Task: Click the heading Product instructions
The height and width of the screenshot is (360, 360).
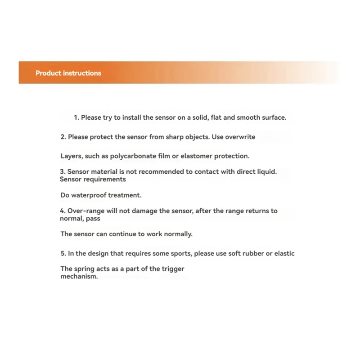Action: [68, 73]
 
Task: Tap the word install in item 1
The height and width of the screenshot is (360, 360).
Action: [129, 117]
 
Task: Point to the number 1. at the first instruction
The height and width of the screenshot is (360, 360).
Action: [76, 117]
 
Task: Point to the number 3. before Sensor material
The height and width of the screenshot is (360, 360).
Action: [63, 171]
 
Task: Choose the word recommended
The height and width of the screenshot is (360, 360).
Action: [170, 171]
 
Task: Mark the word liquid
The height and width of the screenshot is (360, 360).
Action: [265, 171]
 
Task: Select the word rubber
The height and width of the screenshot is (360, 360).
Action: [252, 253]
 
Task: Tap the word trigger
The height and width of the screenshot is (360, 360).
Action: [173, 269]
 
